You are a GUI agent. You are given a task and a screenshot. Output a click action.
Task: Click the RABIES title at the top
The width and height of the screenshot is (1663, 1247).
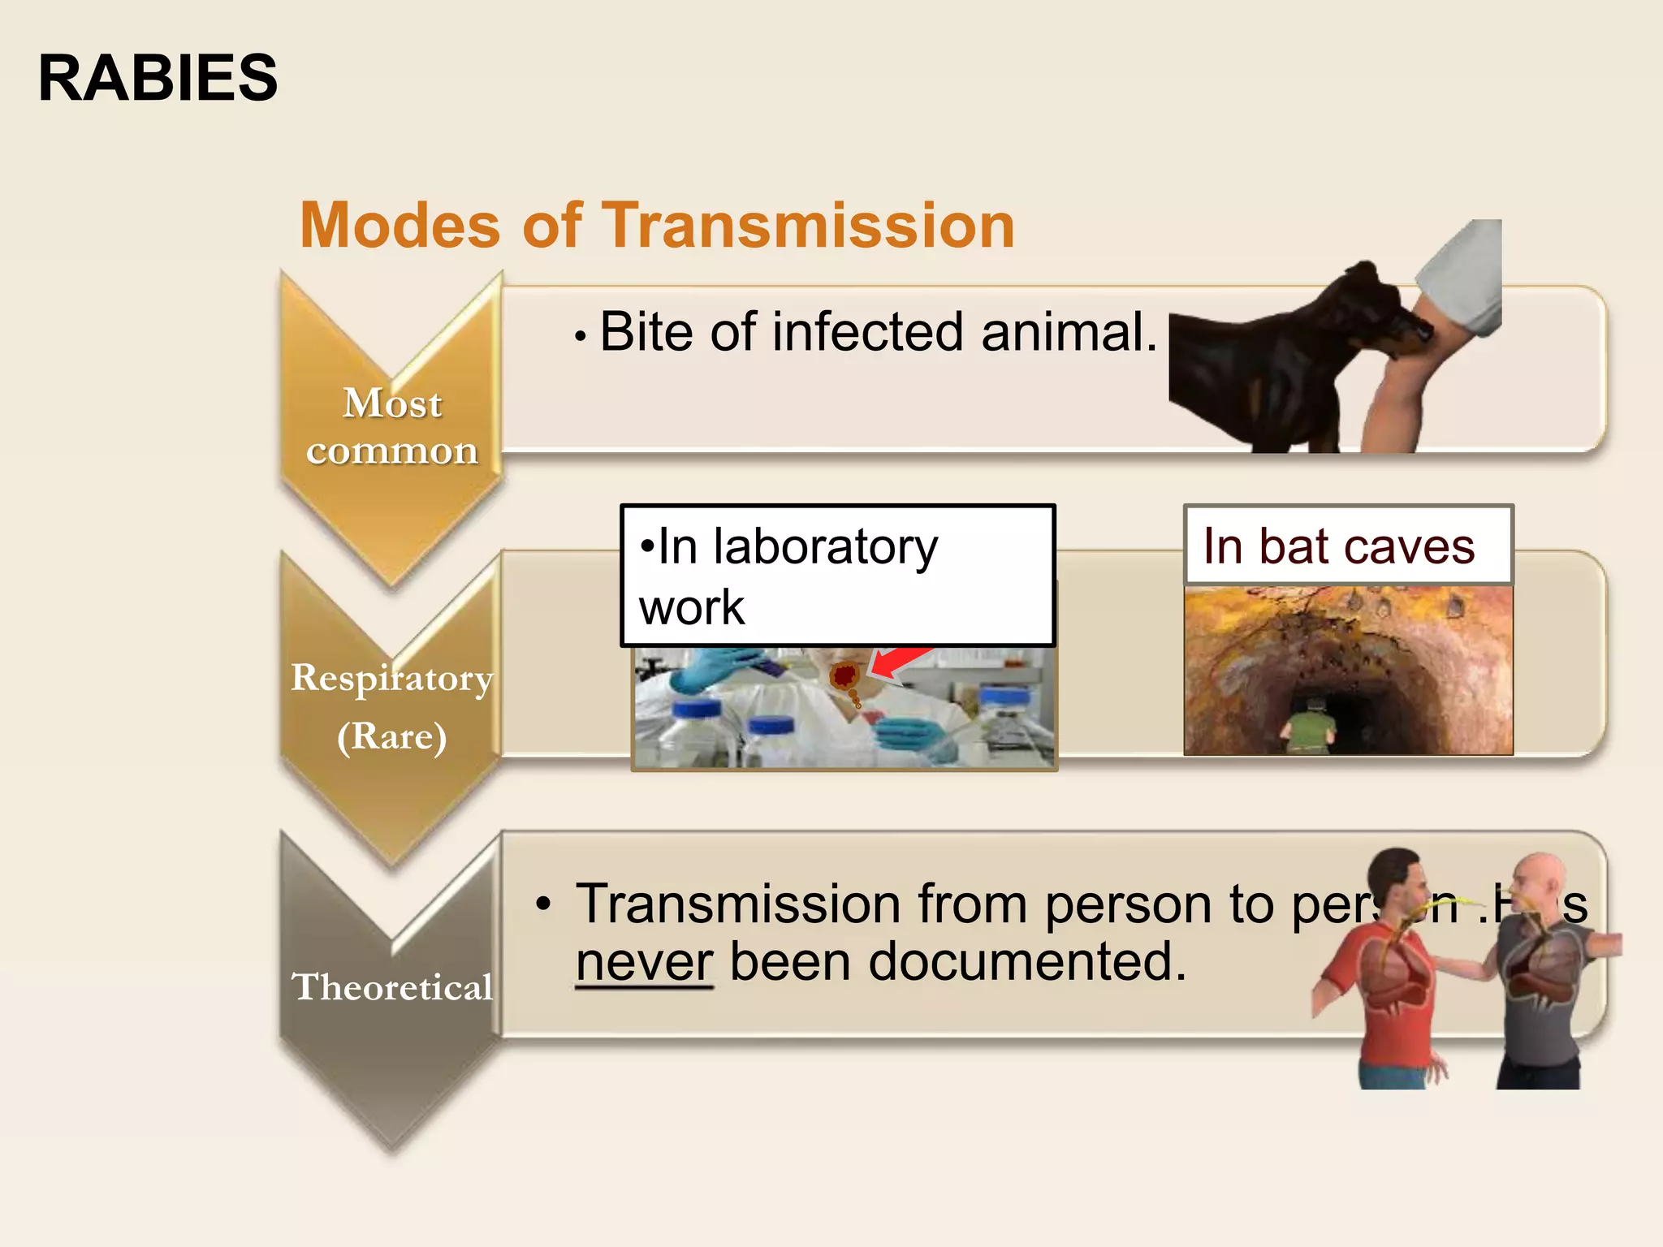click(x=158, y=78)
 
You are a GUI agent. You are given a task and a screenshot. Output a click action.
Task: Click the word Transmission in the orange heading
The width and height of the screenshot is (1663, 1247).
click(x=808, y=225)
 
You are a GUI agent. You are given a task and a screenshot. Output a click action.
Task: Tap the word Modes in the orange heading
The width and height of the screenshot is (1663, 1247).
click(x=400, y=225)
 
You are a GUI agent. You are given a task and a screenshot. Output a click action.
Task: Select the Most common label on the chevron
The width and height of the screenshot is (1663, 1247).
click(x=392, y=426)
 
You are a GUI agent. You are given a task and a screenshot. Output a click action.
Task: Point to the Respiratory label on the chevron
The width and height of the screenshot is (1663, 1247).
click(x=392, y=678)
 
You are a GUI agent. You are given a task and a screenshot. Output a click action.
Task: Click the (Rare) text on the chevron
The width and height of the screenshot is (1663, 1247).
click(x=392, y=736)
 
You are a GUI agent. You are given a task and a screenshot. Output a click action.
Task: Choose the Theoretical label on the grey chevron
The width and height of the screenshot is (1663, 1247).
click(x=392, y=987)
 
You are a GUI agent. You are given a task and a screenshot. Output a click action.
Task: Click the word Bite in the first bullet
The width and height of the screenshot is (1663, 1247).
click(x=646, y=332)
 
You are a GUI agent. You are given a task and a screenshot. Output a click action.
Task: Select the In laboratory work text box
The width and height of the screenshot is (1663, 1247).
click(x=837, y=576)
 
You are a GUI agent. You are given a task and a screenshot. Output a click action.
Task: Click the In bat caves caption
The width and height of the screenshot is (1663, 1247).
click(x=1339, y=546)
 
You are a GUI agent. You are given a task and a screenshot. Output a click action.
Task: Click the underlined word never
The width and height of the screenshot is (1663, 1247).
click(x=644, y=962)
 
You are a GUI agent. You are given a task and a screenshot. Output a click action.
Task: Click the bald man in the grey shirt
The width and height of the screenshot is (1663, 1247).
click(x=1539, y=966)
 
